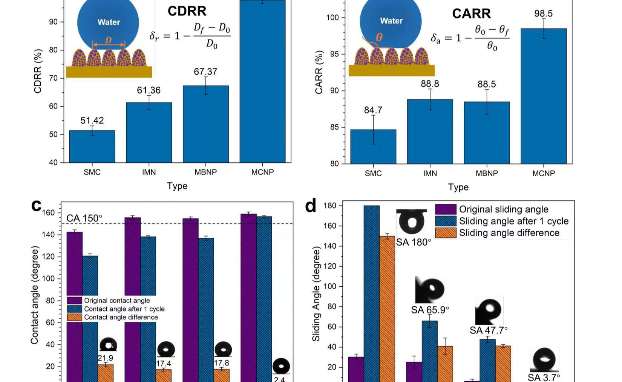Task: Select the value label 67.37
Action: point(205,72)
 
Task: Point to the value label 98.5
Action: point(543,14)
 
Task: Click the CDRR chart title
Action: point(187,11)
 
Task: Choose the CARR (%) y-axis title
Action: point(319,72)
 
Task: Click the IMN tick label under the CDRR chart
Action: point(149,172)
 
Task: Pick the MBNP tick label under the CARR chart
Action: point(487,173)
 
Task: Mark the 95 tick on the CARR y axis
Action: point(334,54)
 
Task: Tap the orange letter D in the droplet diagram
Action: point(108,40)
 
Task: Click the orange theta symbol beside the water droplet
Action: point(379,37)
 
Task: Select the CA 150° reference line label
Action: point(84,218)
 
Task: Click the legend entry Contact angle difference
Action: point(121,317)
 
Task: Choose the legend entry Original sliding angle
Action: point(503,209)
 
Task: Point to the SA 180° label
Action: point(413,242)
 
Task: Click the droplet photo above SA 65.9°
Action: point(430,289)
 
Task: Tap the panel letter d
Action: point(310,206)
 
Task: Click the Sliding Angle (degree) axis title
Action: point(316,294)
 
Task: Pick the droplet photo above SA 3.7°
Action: point(544,359)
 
